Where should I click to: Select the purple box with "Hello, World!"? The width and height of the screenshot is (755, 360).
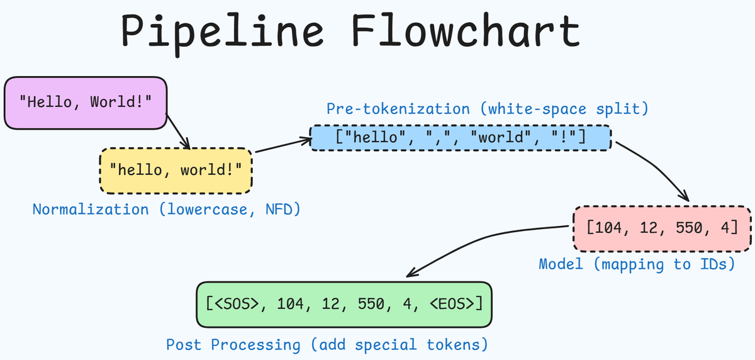[x=86, y=102]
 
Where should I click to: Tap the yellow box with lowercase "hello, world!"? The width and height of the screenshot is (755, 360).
[x=176, y=170]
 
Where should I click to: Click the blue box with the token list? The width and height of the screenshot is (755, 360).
[x=461, y=137]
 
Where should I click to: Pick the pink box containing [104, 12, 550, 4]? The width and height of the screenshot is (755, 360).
[x=662, y=227]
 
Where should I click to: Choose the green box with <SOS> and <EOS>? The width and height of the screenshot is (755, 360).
[x=344, y=304]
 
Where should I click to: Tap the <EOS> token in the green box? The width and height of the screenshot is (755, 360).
[x=450, y=305]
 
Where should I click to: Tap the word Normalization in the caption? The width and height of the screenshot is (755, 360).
[x=91, y=209]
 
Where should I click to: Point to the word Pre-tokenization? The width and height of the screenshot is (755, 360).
[x=398, y=108]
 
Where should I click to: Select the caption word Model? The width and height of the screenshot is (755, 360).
[x=561, y=264]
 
